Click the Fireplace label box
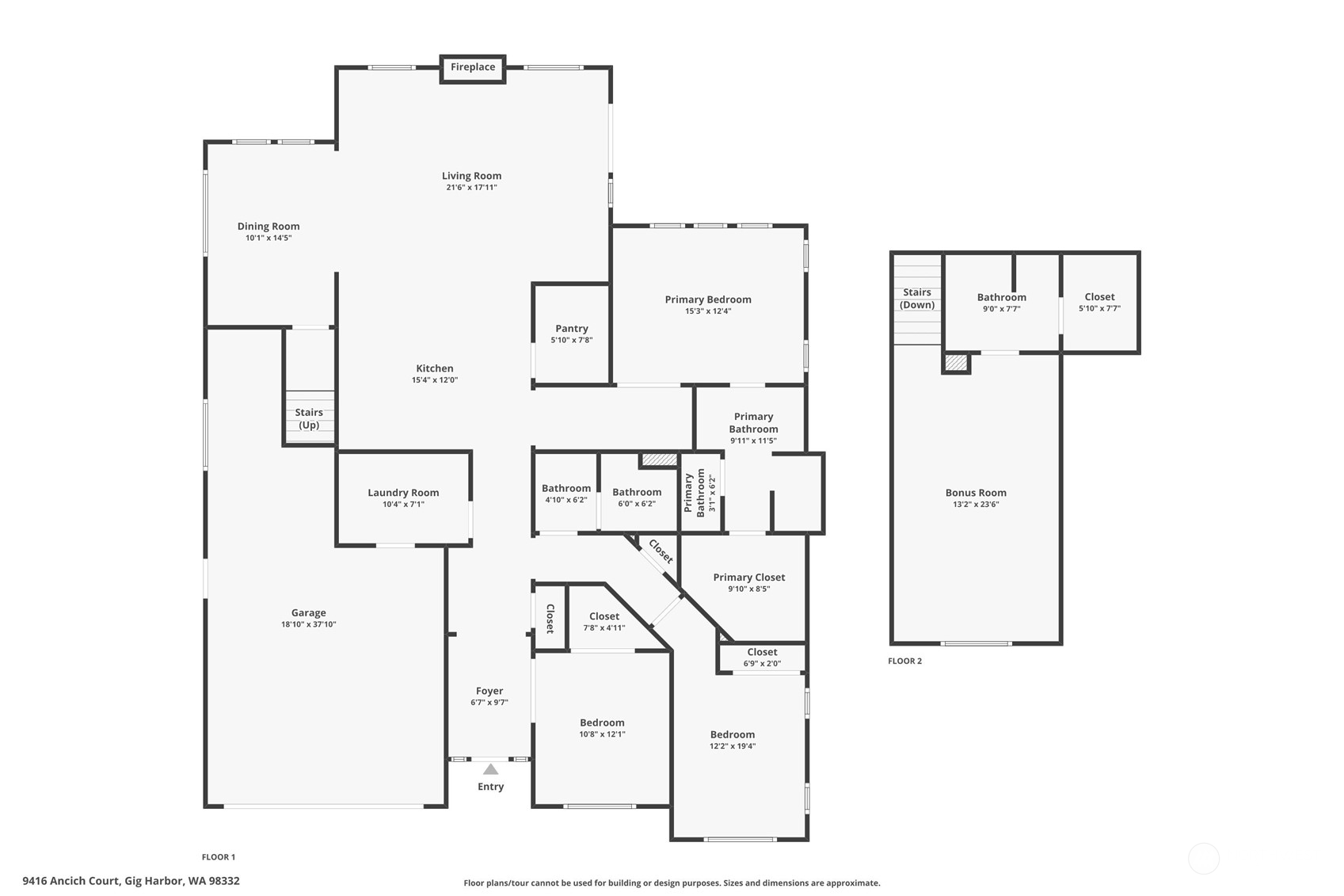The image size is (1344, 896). coord(473,69)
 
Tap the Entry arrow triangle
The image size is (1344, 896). coord(491,769)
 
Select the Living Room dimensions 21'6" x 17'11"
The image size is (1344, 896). coord(471,187)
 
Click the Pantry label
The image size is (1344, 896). coord(572,328)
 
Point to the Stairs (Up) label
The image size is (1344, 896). coord(309,418)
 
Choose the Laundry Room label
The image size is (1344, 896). coord(403,493)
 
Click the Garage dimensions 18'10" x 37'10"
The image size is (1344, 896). coord(308,624)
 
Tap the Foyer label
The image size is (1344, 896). coord(489,691)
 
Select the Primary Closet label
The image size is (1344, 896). coord(748,578)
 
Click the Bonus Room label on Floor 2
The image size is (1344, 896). coord(977,493)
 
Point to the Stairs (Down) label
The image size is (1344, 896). coord(917,298)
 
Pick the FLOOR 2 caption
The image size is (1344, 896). coord(904,661)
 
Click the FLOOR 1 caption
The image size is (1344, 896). coord(219,857)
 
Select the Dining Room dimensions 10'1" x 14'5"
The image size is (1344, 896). coord(268,238)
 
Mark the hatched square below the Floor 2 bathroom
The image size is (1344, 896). coord(956,363)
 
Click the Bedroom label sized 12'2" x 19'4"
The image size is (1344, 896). coord(733,734)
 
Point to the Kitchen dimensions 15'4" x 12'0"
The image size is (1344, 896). coord(434,380)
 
